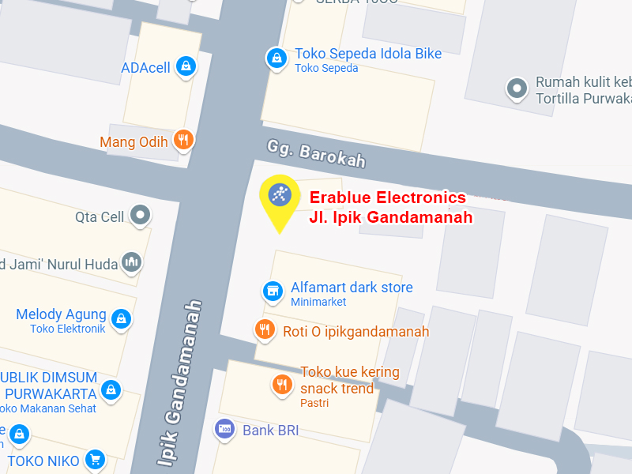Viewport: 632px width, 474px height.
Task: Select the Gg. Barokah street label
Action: pos(316,153)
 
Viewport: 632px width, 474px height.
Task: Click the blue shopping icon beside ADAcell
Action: pos(185,66)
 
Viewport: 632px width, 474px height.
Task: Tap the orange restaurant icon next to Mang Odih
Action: pos(183,141)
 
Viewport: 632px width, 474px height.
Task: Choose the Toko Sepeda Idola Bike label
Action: pos(367,54)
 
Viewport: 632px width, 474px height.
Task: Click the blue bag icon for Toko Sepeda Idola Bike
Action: pos(276,58)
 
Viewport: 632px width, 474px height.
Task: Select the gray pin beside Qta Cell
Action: pos(141,215)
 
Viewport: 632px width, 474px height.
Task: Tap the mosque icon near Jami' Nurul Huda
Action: pos(131,262)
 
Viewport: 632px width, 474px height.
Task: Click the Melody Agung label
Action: pos(61,314)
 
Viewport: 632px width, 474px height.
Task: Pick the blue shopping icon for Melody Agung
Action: pos(120,318)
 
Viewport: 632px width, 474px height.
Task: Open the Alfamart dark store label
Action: pos(352,287)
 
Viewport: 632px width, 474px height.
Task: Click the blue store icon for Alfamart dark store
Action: pos(273,291)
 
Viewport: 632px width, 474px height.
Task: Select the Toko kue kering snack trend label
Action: pos(349,380)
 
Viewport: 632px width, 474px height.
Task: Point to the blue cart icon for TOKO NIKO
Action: pos(95,459)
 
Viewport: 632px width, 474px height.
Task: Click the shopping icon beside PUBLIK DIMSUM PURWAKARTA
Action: pos(111,389)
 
